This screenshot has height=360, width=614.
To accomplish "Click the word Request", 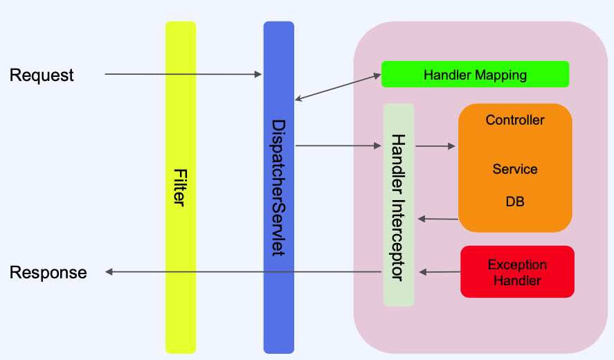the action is tap(42, 75).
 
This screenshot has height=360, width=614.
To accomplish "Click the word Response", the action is tap(48, 273).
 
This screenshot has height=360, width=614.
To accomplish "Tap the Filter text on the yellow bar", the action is tap(181, 188).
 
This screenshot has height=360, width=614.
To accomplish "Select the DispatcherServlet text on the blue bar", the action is tap(279, 188).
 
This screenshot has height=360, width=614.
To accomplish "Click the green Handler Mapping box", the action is tap(475, 74).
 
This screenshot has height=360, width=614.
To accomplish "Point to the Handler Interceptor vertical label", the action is tap(399, 208).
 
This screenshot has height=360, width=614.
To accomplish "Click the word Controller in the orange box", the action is tap(515, 120).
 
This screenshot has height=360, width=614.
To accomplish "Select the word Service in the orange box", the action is tap(515, 169).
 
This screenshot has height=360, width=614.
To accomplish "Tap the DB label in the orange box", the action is tap(515, 201).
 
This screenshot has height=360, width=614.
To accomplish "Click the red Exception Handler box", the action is tap(517, 271).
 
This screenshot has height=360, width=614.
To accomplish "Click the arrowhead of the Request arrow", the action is tap(258, 74).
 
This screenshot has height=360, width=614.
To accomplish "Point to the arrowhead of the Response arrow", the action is tap(109, 272).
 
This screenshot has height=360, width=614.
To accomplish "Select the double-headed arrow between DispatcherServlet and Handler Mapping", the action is tap(338, 87).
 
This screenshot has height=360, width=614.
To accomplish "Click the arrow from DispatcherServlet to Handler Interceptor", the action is tap(338, 145).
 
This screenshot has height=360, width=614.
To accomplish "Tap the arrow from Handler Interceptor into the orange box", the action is tap(435, 146).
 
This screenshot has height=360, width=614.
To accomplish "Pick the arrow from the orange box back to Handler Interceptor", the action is tap(437, 219).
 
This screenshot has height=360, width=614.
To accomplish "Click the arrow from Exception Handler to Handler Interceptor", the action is tap(440, 272).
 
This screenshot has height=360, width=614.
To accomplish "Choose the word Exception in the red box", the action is tap(517, 265).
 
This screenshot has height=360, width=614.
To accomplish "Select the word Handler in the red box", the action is tap(517, 280).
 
